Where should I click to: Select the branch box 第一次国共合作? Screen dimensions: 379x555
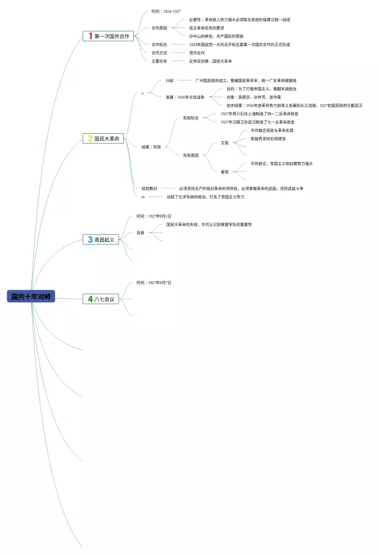[x=108, y=36]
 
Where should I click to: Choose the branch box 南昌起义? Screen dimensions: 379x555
[x=101, y=240]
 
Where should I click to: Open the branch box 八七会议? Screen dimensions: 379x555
[x=102, y=299]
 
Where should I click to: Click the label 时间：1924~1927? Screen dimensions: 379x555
[x=166, y=11]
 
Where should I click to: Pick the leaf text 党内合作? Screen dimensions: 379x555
[x=197, y=53]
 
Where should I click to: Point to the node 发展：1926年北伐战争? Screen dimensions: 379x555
[x=185, y=97]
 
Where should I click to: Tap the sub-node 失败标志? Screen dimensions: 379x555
[x=191, y=118]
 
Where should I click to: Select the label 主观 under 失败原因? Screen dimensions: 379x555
[x=224, y=143]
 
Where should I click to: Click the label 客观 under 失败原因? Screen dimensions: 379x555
[x=224, y=172]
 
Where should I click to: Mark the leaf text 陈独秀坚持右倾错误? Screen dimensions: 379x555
[x=268, y=138]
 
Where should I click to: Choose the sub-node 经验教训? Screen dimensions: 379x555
[x=149, y=188]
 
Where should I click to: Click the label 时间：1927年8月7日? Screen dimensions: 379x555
[x=154, y=283]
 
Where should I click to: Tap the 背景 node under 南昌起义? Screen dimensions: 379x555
[x=140, y=233]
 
